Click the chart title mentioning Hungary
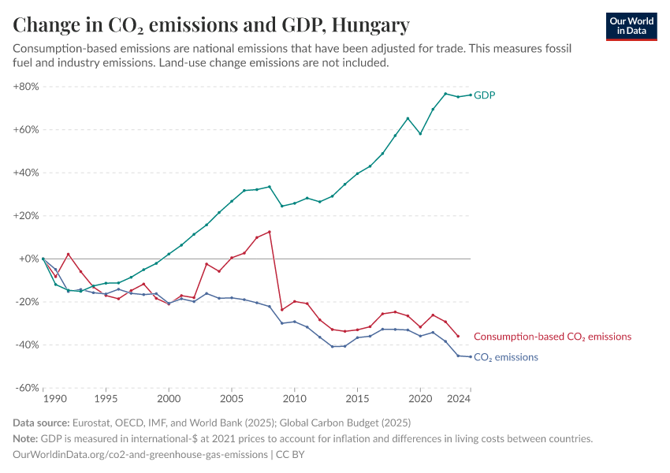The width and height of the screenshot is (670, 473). (211, 25)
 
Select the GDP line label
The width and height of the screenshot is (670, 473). (485, 95)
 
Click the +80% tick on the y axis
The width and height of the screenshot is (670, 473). (26, 87)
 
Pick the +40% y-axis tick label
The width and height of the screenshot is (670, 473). (26, 173)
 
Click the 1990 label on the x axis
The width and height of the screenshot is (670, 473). (43, 400)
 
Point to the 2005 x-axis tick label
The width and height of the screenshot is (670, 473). (231, 400)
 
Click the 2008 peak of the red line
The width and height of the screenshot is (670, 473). (270, 232)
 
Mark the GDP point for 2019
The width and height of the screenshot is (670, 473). (408, 118)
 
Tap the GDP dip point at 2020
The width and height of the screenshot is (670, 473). (420, 133)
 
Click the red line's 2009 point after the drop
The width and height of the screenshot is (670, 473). (281, 310)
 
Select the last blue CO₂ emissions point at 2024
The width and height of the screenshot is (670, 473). (471, 356)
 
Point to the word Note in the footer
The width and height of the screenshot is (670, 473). (27, 439)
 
